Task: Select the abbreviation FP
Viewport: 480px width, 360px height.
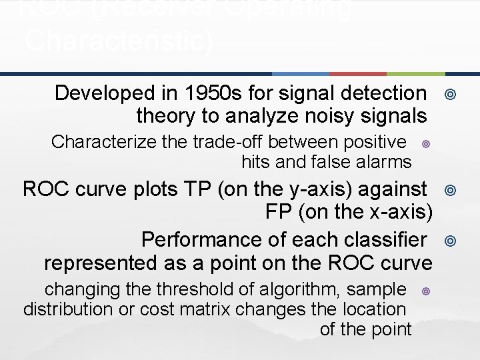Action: point(279,213)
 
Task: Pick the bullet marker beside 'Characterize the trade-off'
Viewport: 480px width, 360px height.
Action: point(425,143)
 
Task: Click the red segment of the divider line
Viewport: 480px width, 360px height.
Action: point(358,73)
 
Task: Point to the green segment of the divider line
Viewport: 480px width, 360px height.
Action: point(415,73)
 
